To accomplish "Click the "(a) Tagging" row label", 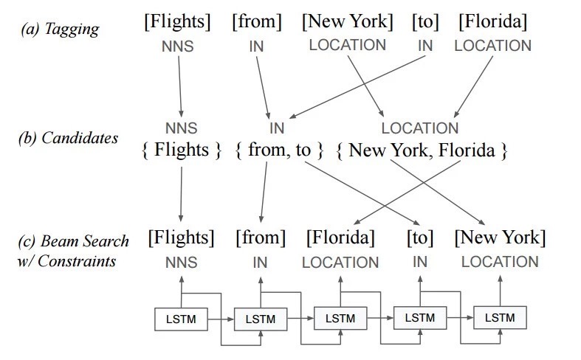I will [x=61, y=30].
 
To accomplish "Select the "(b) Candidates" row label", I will [x=68, y=138].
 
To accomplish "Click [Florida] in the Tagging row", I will [x=492, y=21].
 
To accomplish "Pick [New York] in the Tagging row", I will [x=347, y=21].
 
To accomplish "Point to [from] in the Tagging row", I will [x=257, y=21].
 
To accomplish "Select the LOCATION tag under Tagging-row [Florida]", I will [x=492, y=46].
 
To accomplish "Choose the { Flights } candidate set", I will [x=182, y=150].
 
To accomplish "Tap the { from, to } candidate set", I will [x=280, y=150].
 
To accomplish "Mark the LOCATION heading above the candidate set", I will [x=419, y=128].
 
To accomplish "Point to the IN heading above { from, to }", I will [x=277, y=128].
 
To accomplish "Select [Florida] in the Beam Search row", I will [x=340, y=238].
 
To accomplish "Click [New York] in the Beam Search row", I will [x=500, y=238].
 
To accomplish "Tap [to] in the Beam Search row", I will [x=420, y=238].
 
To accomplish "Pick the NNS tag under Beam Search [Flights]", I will [x=181, y=261].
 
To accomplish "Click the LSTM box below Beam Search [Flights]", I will [x=180, y=319].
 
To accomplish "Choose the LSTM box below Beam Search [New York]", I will [x=500, y=318].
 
